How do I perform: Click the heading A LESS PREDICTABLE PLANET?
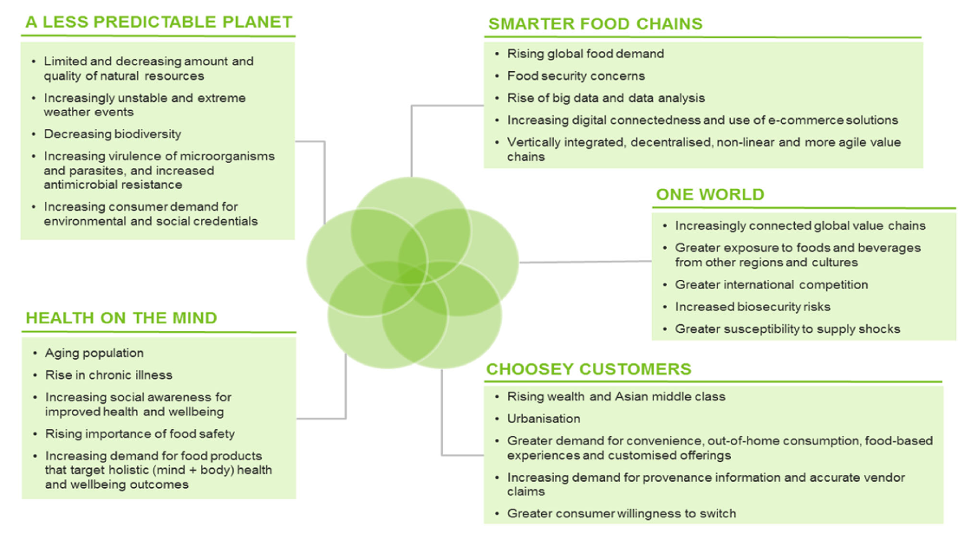tap(159, 22)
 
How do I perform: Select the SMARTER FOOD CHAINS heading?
tap(595, 23)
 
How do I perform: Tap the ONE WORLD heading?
tap(710, 194)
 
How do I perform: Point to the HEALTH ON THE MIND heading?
tap(121, 318)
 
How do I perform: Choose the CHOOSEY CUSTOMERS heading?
tap(589, 369)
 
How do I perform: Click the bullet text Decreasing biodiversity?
tap(113, 134)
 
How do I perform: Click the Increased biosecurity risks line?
tap(753, 307)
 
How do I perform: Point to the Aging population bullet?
tap(94, 354)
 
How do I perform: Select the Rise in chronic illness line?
tap(108, 375)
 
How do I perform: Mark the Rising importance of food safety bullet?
tap(140, 433)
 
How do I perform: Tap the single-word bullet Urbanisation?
tap(544, 419)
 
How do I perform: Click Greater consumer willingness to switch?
tap(622, 514)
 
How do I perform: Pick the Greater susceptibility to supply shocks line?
tap(787, 329)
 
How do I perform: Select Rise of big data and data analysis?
tap(606, 98)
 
